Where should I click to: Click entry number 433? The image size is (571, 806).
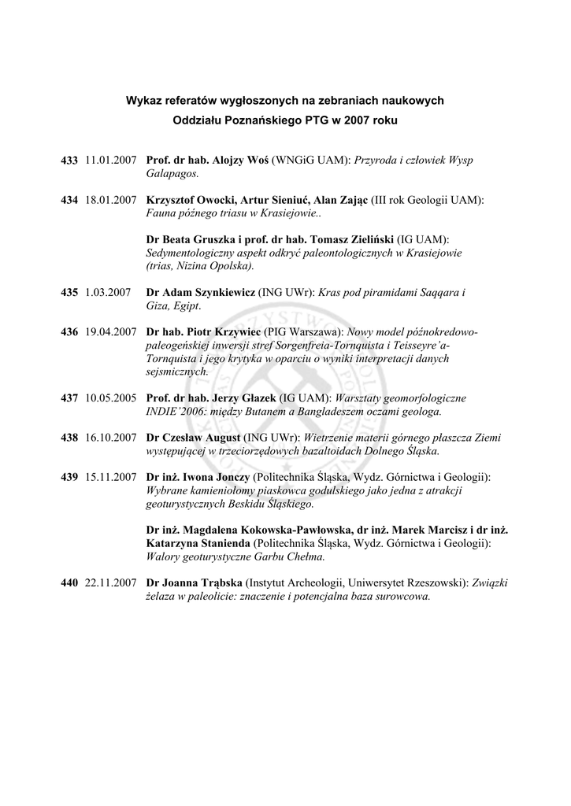[69, 161]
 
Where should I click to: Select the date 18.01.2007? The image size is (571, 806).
[111, 200]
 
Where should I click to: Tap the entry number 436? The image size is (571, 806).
[69, 332]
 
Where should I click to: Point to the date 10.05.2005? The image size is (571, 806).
[111, 398]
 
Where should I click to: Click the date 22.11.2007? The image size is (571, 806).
[111, 583]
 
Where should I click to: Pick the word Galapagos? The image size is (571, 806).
[172, 173]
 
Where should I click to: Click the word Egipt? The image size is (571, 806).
[187, 305]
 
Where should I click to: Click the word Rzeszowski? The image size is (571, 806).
[437, 583]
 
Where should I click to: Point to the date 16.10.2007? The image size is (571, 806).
[111, 438]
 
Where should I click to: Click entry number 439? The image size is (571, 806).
[69, 478]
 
